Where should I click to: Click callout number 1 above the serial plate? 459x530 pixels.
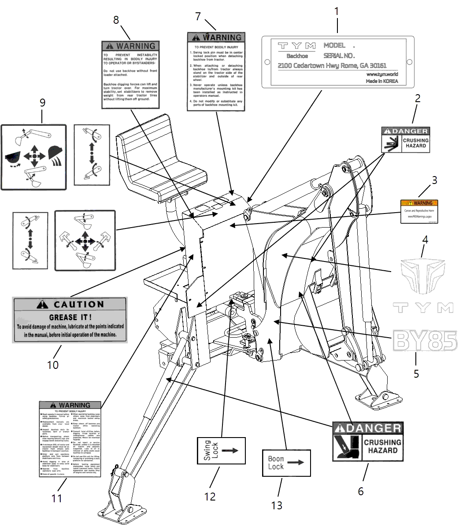coord(337,11)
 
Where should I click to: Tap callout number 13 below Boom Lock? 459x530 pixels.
coord(277,505)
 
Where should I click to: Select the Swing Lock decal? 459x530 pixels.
coord(221,450)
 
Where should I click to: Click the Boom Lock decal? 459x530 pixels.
coord(286,463)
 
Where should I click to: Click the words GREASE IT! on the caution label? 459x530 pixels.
coord(70,317)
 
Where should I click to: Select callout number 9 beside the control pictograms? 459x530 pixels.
coord(42,103)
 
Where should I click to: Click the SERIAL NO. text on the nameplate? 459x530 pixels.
coord(339,56)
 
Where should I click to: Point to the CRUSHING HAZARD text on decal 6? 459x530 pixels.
coord(382,446)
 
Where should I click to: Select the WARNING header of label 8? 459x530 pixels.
coord(130,46)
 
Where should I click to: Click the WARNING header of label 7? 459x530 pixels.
coord(216,37)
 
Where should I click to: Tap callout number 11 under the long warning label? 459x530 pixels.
coord(57,498)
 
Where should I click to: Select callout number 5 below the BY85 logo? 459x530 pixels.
coord(416,374)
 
